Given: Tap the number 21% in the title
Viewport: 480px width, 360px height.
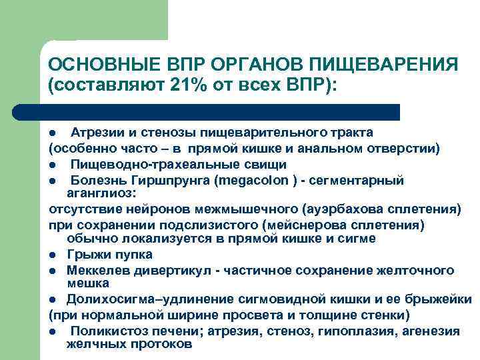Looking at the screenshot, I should coord(190,86).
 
